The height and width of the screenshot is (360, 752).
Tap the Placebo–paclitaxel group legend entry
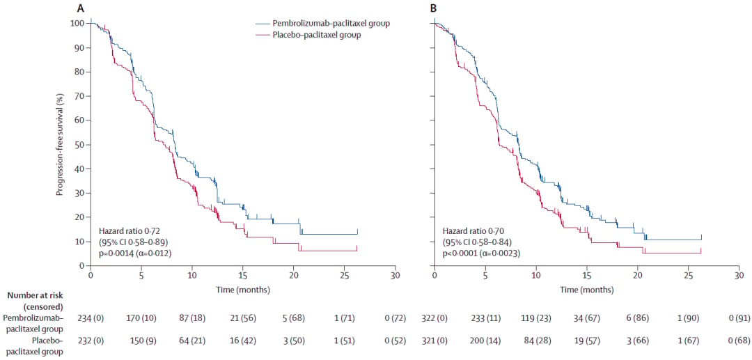pos(308,35)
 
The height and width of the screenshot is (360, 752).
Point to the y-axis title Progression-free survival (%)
pos(59,144)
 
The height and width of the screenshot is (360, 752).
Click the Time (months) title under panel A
pos(243,290)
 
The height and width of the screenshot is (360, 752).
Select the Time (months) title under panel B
pos(586,290)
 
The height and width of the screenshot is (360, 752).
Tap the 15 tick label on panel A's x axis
pos(243,276)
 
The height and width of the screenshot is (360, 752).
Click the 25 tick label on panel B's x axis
pos(688,276)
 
